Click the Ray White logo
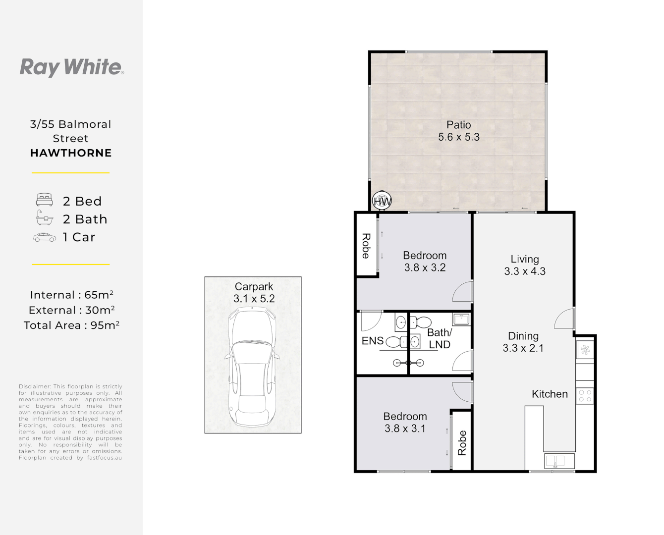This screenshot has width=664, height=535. point(71,67)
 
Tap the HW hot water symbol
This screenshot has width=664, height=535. point(382,201)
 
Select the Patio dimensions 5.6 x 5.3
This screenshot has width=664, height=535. point(459,137)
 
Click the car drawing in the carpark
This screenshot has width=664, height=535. point(252,367)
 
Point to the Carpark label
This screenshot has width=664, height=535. point(254,286)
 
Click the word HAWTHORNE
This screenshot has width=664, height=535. point(71,153)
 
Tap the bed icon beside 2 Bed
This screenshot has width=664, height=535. point(45,200)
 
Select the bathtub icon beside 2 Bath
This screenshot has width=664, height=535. point(45,217)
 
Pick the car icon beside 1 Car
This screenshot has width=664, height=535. point(45,237)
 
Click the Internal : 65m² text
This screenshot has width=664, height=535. point(71,295)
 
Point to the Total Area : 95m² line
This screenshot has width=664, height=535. point(71,325)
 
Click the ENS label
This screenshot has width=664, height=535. point(373,341)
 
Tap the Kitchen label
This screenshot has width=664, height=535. point(550,394)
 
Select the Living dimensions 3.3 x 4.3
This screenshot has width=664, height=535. point(525,271)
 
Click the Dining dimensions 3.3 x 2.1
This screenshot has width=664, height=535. point(523,348)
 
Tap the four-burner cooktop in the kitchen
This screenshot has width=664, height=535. point(585,396)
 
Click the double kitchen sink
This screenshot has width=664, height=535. point(559,461)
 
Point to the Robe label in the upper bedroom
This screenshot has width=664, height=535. point(366,246)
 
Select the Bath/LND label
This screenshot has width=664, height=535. point(440,338)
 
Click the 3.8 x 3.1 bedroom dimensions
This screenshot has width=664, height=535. point(405,428)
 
